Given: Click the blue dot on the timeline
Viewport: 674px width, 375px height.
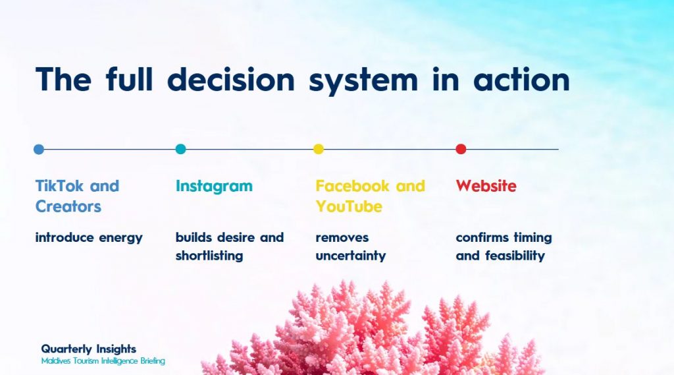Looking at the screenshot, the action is pos(39,150).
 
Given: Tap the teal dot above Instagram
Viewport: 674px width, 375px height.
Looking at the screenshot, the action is pos(180,149).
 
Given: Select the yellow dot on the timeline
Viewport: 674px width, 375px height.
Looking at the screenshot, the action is pos(319,149).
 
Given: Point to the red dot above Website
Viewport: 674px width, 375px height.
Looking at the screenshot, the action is pos(461,149).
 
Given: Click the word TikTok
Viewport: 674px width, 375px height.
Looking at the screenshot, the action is pos(59,186).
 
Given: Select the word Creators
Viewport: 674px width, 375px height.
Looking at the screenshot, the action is pos(68,207).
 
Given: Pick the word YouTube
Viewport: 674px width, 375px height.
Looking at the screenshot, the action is pos(349,207).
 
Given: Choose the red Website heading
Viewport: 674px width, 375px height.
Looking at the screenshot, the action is pos(486,186).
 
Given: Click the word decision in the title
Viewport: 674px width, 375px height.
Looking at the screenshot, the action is pos(231,80).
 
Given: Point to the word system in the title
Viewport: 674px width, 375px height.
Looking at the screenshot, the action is pos(363,82).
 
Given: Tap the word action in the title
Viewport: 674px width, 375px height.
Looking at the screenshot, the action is pos(521,80).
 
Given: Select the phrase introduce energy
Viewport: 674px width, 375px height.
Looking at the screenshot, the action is pos(89,238).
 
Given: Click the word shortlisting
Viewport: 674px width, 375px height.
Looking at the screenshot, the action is pos(209,256).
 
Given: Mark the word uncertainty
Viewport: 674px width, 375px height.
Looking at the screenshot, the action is pos(351,256).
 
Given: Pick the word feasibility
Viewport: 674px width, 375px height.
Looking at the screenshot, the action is pos(515,256).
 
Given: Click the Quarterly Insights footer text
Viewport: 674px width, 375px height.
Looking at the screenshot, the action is pos(89,349).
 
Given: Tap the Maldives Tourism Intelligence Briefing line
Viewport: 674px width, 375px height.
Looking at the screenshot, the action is pos(103,361).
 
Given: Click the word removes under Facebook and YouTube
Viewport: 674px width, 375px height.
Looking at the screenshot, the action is pos(342,238).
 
